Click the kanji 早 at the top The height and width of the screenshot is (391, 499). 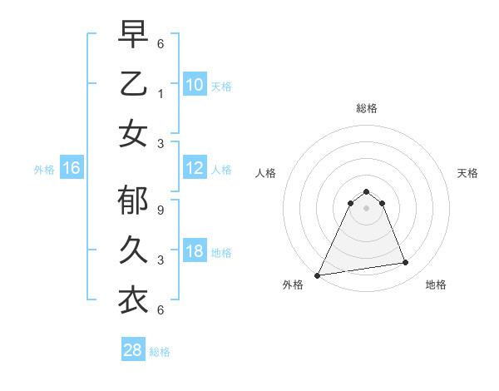134,35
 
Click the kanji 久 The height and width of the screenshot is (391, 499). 134,250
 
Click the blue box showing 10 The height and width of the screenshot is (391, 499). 195,84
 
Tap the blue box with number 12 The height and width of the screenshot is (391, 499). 195,169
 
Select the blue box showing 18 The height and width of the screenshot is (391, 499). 195,251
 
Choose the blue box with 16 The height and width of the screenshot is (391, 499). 72,169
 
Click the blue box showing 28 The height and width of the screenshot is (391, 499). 133,350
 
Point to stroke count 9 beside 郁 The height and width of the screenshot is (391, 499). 161,210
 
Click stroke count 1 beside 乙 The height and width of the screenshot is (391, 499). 161,93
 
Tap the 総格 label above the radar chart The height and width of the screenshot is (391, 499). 366,108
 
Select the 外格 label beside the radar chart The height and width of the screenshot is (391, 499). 293,285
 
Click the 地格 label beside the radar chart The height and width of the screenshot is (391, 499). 436,285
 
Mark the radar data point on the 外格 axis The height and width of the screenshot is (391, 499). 318,275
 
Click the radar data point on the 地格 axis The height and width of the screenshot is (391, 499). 406,263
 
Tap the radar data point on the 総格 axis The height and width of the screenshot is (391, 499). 366,191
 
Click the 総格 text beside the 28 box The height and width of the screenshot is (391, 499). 160,352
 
